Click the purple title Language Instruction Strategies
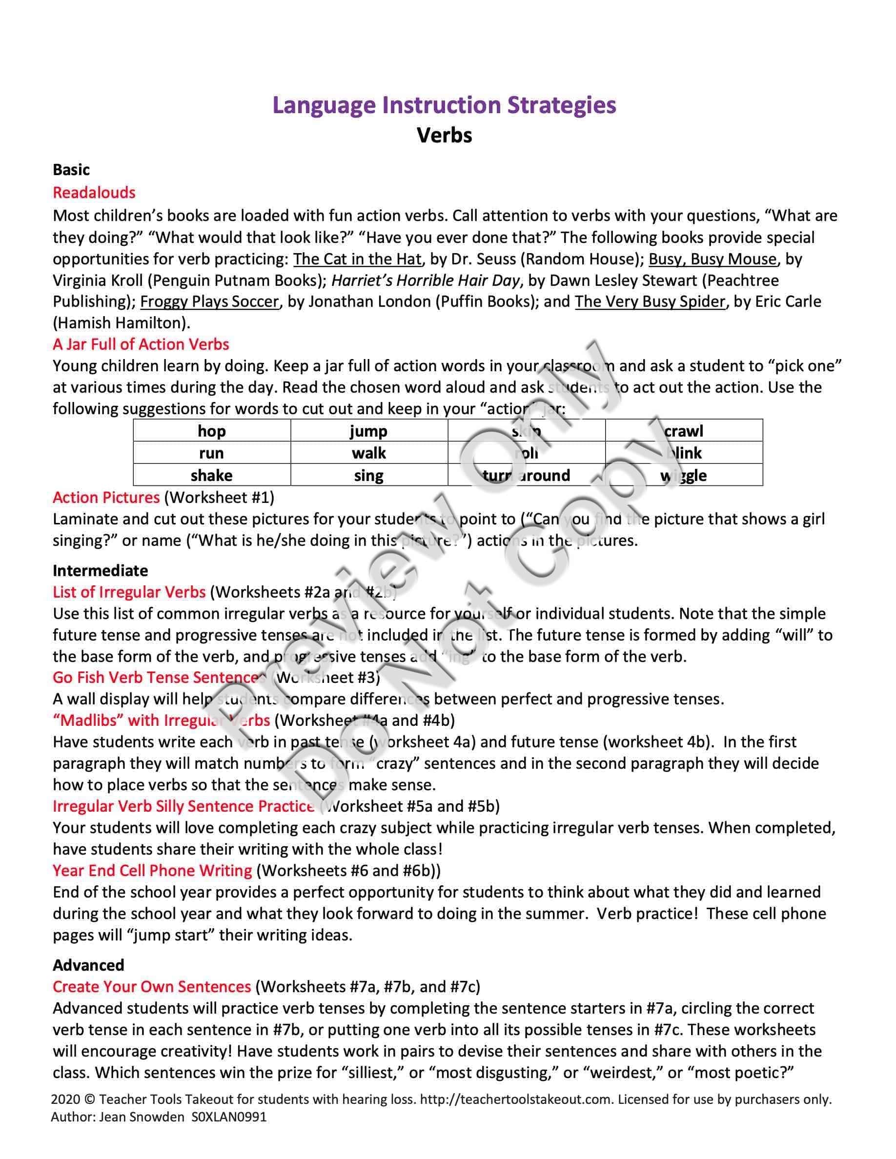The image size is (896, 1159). tap(444, 105)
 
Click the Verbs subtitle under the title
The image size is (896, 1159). tap(444, 135)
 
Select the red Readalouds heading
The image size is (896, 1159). tap(94, 193)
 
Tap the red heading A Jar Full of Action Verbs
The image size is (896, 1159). tap(141, 344)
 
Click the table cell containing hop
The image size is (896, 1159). tap(211, 431)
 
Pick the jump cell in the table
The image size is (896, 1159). tap(368, 431)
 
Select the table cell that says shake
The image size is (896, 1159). tap(211, 475)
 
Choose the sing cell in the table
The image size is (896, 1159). tap(368, 475)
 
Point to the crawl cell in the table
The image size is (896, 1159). tap(684, 431)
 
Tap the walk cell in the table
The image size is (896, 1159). tap(368, 453)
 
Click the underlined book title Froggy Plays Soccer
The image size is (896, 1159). tap(209, 301)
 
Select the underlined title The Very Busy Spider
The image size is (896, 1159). tap(650, 301)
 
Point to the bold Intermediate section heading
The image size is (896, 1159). tap(101, 571)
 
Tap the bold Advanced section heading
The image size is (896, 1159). tap(88, 965)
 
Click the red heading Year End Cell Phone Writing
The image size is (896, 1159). tap(152, 870)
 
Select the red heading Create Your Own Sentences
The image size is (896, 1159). tap(152, 986)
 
